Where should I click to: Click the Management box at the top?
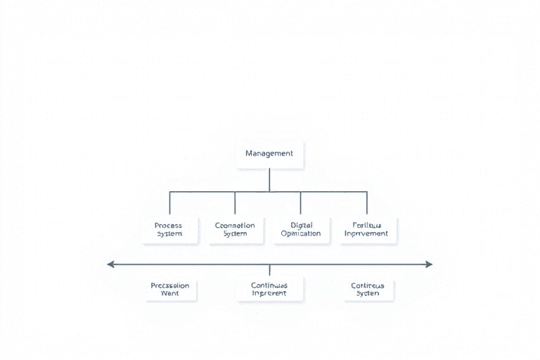coord(269,154)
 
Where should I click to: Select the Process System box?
coord(169,229)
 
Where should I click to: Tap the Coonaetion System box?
coord(235,229)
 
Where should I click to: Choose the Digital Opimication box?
coord(300,229)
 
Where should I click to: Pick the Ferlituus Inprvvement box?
coord(366,229)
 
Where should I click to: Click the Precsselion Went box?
coord(170,289)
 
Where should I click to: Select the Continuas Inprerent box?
coord(269,289)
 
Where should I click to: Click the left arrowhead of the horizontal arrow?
coord(110,264)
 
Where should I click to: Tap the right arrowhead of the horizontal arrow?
coord(428,264)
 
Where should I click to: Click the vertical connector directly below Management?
coord(269,179)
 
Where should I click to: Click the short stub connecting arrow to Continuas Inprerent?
coord(269,270)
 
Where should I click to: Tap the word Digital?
coord(301,225)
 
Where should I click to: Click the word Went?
coord(170,293)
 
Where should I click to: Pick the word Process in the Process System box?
coord(169,225)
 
